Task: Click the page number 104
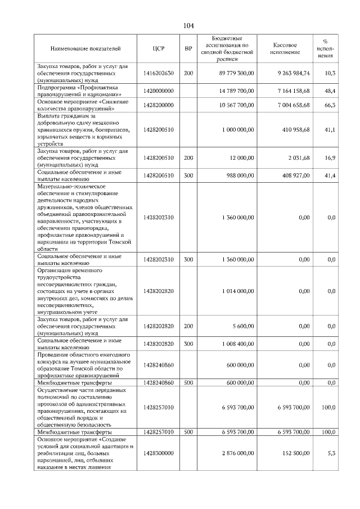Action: pyautogui.click(x=188, y=25)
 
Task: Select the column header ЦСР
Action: pyautogui.click(x=158, y=48)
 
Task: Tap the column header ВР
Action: pyautogui.click(x=188, y=48)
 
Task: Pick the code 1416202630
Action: pyautogui.click(x=158, y=73)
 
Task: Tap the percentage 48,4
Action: pyautogui.click(x=330, y=91)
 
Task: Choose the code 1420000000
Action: pyautogui.click(x=158, y=91)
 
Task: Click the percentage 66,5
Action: pyautogui.click(x=330, y=105)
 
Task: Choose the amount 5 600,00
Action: pyautogui.click(x=242, y=326)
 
